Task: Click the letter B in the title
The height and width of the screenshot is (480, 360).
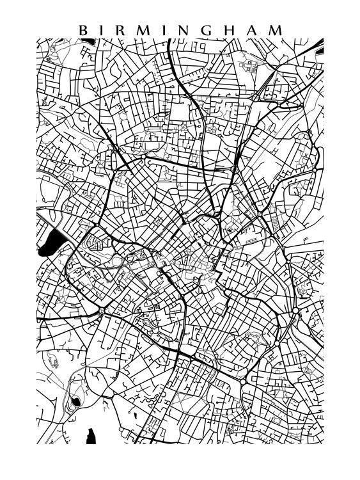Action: (82, 30)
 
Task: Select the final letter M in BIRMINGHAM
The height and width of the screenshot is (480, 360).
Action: (279, 30)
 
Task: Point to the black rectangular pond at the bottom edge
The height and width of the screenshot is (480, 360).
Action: (91, 436)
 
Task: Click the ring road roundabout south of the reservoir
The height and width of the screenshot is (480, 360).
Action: (101, 311)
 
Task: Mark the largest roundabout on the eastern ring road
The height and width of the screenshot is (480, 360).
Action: (295, 312)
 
